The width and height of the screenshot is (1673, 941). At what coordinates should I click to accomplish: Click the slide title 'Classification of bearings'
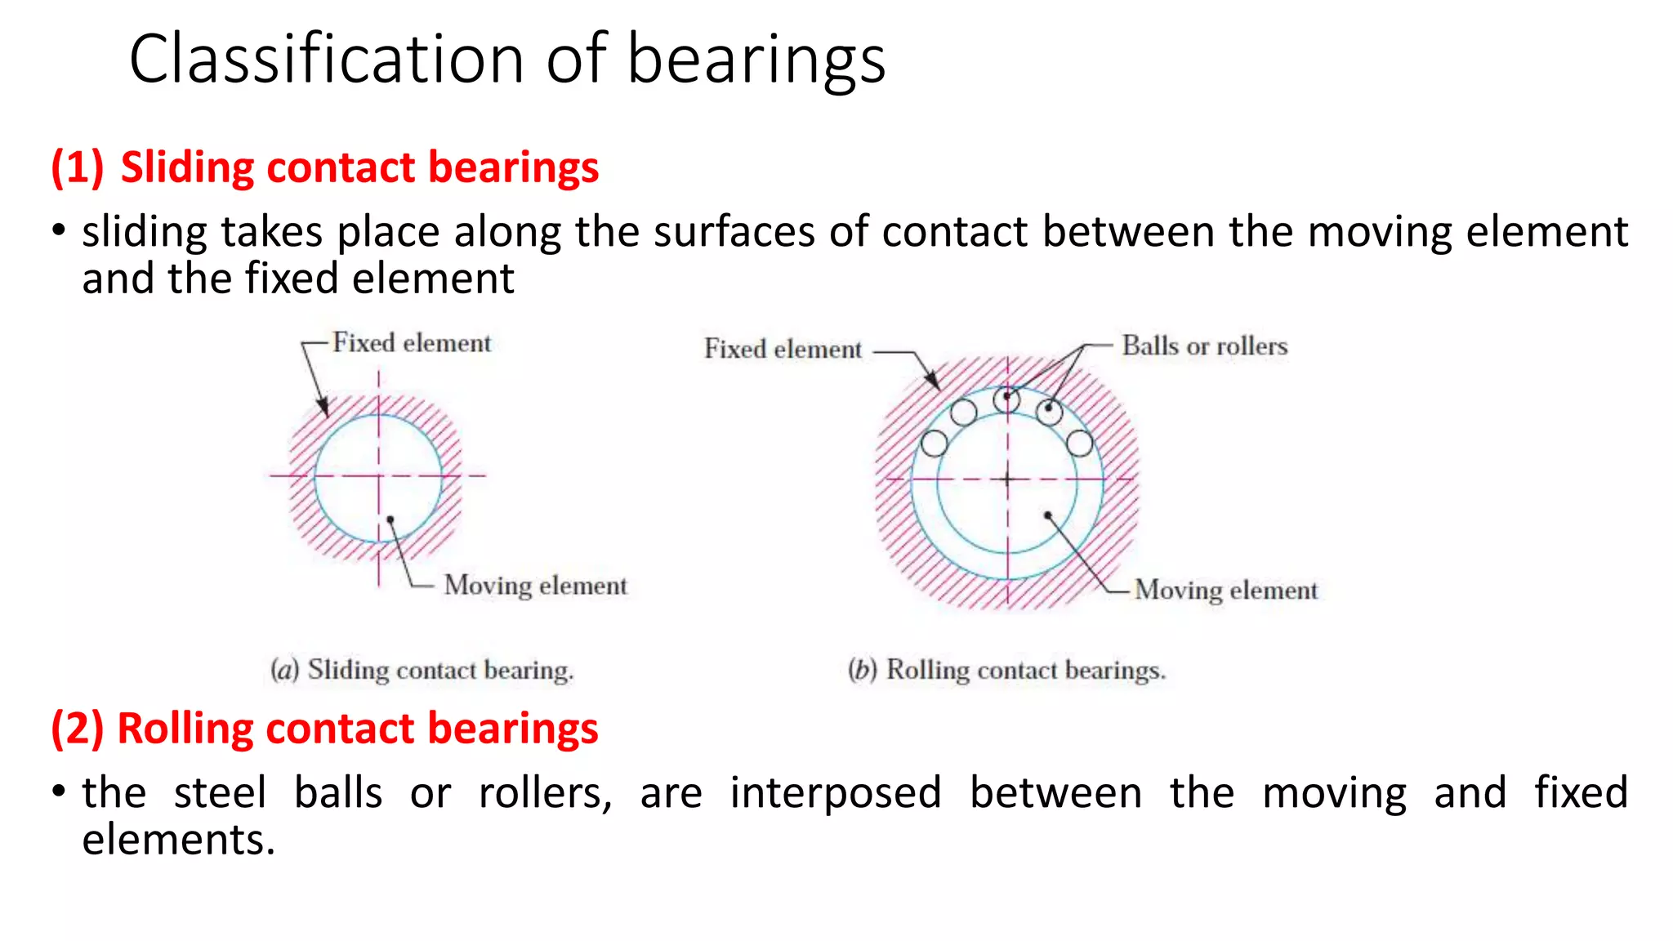tap(506, 59)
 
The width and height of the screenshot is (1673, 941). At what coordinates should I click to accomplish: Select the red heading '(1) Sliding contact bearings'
tap(325, 167)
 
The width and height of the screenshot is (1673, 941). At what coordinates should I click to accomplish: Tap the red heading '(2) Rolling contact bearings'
tap(325, 729)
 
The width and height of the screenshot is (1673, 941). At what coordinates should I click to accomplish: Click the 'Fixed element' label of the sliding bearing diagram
tap(412, 343)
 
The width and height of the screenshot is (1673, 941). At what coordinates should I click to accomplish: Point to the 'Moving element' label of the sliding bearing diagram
tap(535, 586)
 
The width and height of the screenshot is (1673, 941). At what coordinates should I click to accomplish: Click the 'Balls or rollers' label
tap(1204, 346)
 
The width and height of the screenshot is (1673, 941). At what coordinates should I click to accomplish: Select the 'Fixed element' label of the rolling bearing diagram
tap(783, 350)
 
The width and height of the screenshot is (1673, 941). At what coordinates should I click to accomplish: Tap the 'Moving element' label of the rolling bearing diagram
tap(1225, 591)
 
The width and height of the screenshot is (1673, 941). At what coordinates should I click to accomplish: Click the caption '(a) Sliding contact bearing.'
tap(422, 671)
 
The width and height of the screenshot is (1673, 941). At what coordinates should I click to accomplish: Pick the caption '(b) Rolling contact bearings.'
tap(1006, 671)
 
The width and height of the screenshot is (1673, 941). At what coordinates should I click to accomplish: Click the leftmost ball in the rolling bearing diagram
tap(934, 444)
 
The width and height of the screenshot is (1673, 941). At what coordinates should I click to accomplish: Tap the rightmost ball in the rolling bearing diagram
tap(1079, 444)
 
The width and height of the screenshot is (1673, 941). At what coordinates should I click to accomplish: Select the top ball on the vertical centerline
tap(1006, 399)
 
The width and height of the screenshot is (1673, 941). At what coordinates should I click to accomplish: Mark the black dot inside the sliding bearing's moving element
tap(390, 520)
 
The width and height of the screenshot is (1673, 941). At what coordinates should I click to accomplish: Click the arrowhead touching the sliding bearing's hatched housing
tap(323, 408)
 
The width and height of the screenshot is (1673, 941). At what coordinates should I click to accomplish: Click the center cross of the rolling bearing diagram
tap(1007, 479)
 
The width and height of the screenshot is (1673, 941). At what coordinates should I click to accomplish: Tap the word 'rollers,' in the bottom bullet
tap(545, 793)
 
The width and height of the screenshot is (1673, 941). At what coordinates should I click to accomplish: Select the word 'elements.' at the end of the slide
tap(178, 840)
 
